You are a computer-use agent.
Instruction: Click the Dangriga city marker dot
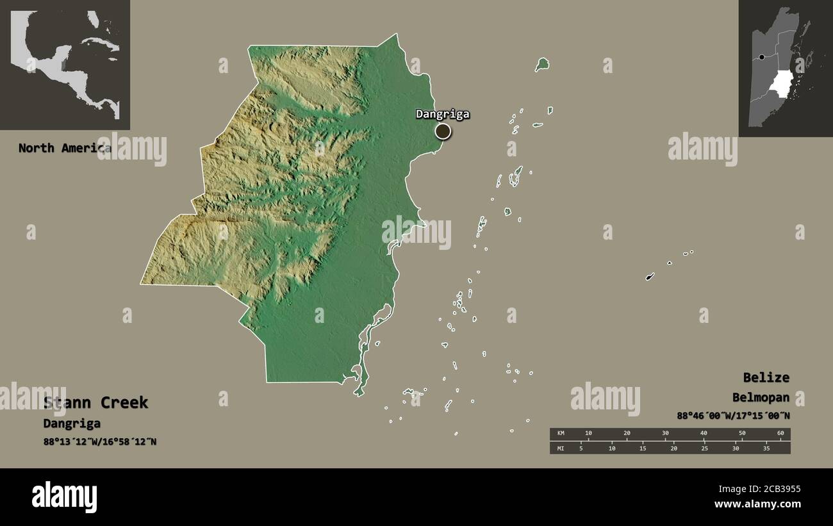pyautogui.click(x=443, y=131)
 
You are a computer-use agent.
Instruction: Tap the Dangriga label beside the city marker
pyautogui.click(x=442, y=114)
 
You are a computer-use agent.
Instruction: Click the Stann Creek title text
pyautogui.click(x=95, y=402)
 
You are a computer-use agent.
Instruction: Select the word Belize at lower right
pyautogui.click(x=766, y=377)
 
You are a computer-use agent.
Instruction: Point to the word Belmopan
pyautogui.click(x=761, y=397)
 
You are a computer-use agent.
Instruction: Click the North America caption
pyautogui.click(x=64, y=148)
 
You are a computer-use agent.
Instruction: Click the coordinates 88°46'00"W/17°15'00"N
pyautogui.click(x=733, y=415)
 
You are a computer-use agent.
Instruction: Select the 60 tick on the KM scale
pyautogui.click(x=780, y=434)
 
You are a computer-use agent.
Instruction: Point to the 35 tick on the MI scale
pyautogui.click(x=766, y=448)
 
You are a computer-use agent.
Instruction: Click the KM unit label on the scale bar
pyautogui.click(x=561, y=434)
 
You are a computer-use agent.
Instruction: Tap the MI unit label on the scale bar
pyautogui.click(x=561, y=448)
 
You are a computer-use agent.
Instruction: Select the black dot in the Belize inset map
pyautogui.click(x=761, y=57)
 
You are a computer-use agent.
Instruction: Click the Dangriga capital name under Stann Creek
pyautogui.click(x=72, y=423)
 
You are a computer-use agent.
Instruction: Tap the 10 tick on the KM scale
pyautogui.click(x=588, y=434)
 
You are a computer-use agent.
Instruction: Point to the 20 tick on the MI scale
pyautogui.click(x=673, y=448)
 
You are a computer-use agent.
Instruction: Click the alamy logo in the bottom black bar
pyautogui.click(x=64, y=497)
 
